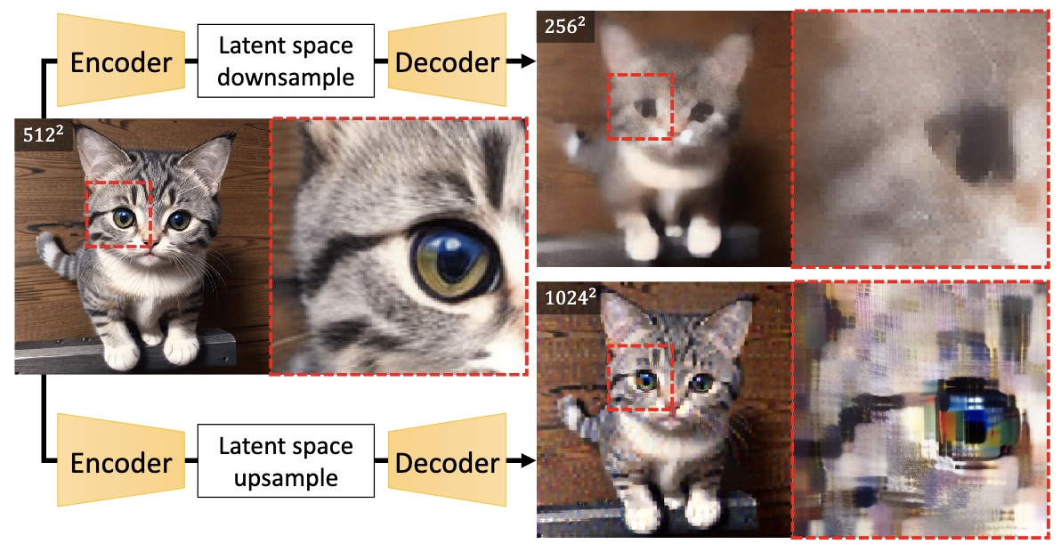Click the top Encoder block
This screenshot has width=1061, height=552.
(x=120, y=61)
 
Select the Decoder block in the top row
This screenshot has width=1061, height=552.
(x=447, y=61)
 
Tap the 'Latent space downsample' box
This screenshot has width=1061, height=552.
(x=286, y=61)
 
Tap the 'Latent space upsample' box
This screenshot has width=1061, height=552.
(x=286, y=461)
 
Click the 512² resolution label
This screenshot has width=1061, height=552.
(x=44, y=134)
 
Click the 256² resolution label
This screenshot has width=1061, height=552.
(x=565, y=27)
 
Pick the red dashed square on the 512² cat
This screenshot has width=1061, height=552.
(x=119, y=214)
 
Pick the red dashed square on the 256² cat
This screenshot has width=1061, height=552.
(x=640, y=107)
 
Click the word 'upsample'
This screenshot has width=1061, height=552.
(x=286, y=477)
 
